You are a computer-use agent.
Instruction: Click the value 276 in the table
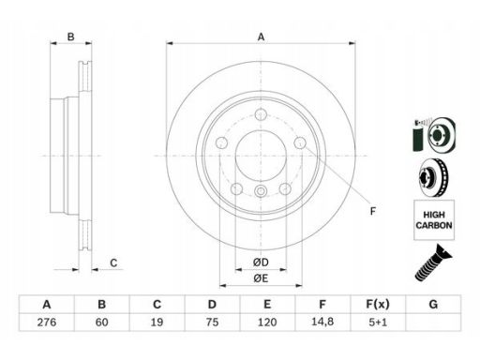[47, 322]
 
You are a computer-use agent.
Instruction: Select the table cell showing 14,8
[322, 322]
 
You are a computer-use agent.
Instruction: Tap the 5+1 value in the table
[378, 322]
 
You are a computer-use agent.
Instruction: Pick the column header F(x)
[378, 304]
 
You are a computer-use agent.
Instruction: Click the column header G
[433, 304]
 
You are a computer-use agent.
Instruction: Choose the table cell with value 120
[267, 322]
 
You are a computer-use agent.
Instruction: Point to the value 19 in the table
[157, 322]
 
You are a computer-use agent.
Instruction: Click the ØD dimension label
[261, 262]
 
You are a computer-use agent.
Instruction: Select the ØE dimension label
[261, 277]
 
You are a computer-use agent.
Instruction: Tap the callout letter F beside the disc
[372, 211]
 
